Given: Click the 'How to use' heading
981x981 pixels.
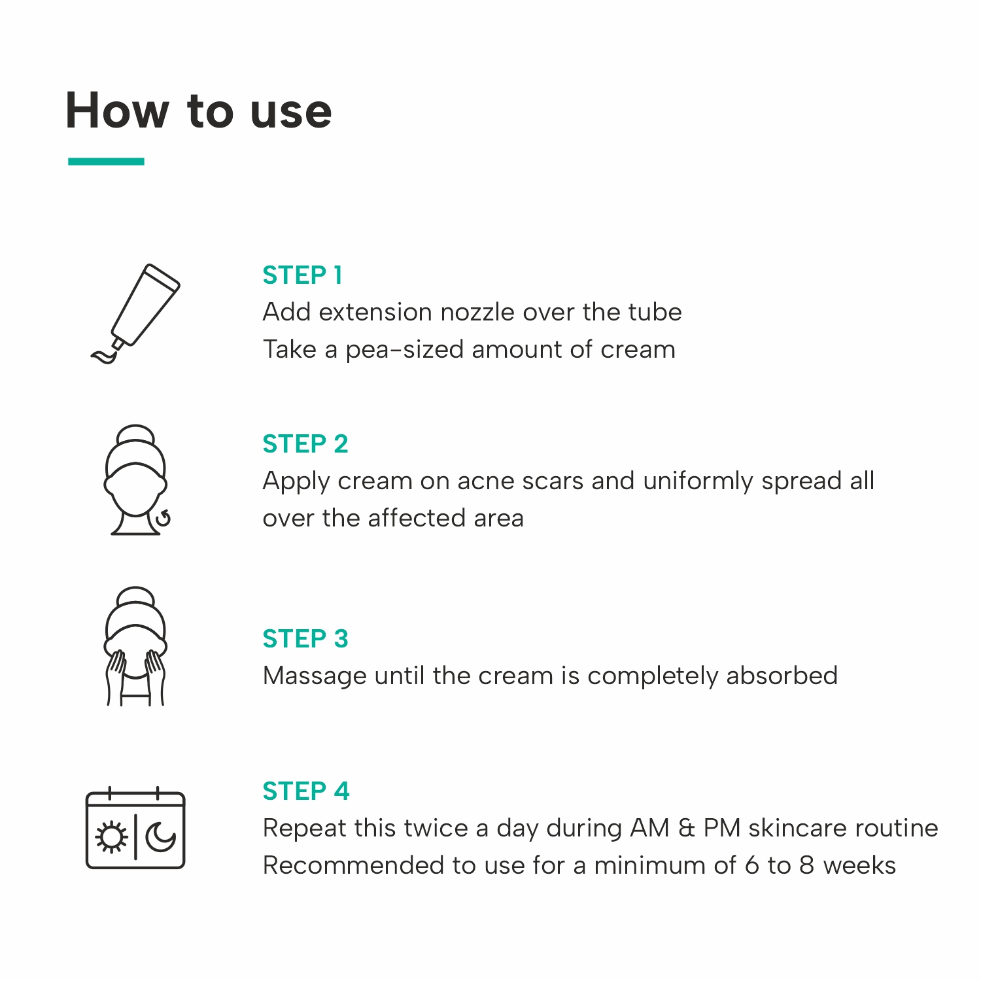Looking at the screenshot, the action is pos(199,111).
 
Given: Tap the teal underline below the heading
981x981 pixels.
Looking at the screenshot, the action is pos(106,162).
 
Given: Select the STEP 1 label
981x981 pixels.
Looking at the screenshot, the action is pos(302,275).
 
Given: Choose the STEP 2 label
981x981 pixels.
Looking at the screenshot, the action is pos(305,444).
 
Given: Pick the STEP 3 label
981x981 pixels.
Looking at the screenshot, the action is pos(305,639).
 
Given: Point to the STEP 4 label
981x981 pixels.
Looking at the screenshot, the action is pos(306,791).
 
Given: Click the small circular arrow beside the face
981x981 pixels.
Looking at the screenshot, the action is pos(163,519).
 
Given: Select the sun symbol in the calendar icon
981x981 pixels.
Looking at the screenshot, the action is pos(112,837).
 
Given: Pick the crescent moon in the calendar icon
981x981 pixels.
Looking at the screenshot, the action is pos(160,837).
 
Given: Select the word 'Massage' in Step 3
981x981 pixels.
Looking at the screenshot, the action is pos(315,676).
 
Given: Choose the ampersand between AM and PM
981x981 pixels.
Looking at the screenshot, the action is pos(687,829).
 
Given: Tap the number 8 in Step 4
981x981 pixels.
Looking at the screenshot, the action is pos(807,866).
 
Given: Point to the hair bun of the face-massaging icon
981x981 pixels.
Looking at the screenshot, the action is pos(135,596).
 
